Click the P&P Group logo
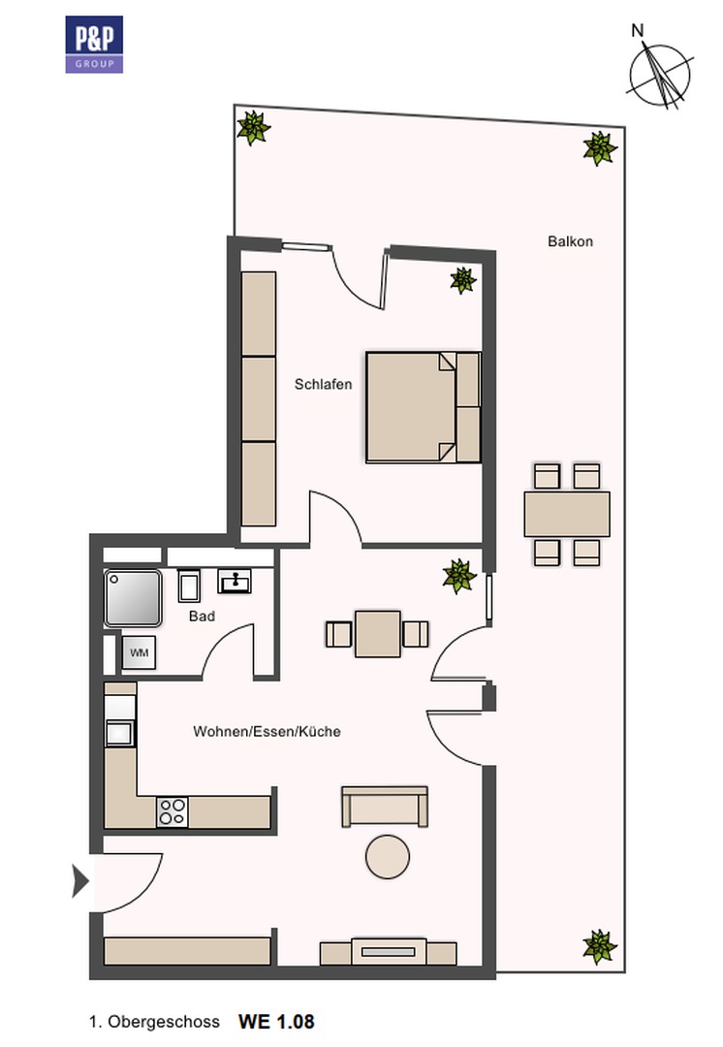[x=94, y=44]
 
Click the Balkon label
[x=570, y=241]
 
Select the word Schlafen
[x=323, y=385]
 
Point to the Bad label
[x=202, y=617]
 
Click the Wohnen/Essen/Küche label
[x=267, y=732]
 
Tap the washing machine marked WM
[x=139, y=652]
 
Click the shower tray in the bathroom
[x=133, y=597]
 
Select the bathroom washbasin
[x=235, y=581]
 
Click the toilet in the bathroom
[x=189, y=586]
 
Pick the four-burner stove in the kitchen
[x=173, y=812]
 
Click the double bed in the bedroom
[x=424, y=407]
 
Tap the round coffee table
[x=388, y=857]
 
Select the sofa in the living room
[x=385, y=807]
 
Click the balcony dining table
[x=567, y=514]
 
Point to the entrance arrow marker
[x=80, y=881]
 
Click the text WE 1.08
[x=276, y=1022]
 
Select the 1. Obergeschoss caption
[x=154, y=1023]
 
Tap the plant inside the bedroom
[x=462, y=280]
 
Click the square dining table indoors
[x=378, y=634]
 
